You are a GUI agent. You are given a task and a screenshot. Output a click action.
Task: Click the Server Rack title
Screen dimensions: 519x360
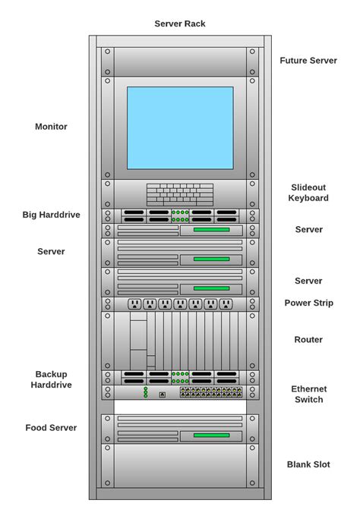click(x=180, y=24)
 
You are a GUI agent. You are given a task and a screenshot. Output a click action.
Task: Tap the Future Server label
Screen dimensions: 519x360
click(x=308, y=61)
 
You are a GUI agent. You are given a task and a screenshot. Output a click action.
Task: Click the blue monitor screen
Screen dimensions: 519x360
click(x=180, y=127)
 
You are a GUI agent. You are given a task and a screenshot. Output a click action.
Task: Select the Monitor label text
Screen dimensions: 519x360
click(x=51, y=127)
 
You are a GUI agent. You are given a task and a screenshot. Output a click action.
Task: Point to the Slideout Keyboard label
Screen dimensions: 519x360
click(x=308, y=193)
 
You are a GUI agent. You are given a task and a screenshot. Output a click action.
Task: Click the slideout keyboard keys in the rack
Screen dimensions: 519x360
click(x=180, y=194)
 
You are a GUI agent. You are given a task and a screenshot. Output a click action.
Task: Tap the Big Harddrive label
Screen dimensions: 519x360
click(x=51, y=215)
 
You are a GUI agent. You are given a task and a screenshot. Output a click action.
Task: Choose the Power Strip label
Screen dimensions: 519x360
click(x=308, y=303)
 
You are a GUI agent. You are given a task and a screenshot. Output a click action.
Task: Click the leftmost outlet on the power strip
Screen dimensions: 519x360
click(x=134, y=304)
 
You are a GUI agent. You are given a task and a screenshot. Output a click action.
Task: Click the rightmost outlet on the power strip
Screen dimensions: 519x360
click(x=226, y=304)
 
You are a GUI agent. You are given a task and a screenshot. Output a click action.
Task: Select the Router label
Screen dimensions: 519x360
click(x=308, y=339)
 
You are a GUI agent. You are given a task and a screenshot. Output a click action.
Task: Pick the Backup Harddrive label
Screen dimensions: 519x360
click(x=51, y=379)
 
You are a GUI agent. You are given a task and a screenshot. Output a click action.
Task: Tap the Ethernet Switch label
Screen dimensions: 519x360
click(x=308, y=394)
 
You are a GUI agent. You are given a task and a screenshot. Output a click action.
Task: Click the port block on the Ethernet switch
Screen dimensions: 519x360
click(x=211, y=392)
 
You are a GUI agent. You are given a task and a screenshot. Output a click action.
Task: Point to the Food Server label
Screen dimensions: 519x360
click(x=51, y=427)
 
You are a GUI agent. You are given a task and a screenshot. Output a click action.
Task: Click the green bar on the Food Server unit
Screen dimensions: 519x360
click(x=211, y=436)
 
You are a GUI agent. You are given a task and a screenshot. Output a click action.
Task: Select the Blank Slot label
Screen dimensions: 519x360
click(x=308, y=464)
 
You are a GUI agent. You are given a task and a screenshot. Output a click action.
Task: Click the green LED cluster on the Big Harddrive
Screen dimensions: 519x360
click(x=180, y=215)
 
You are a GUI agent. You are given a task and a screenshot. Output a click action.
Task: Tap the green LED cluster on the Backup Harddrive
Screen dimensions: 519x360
click(x=180, y=377)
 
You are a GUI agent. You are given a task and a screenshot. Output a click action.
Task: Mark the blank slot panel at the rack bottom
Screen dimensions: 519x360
click(x=180, y=466)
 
